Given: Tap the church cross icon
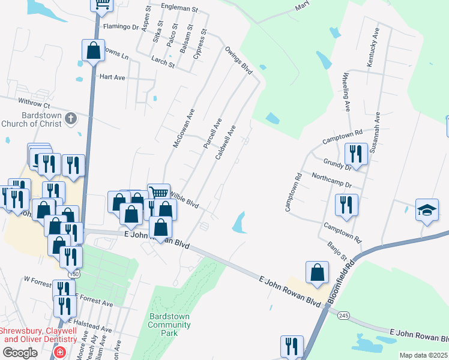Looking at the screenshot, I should tap(71, 118).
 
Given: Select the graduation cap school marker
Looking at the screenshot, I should tap(427, 211).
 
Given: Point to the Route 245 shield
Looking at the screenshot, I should tap(343, 316).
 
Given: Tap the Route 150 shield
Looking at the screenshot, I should tap(75, 273).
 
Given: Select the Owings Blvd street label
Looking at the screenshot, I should tap(238, 60).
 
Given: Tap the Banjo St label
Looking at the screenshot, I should tap(337, 251).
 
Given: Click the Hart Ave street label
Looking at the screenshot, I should tap(112, 77).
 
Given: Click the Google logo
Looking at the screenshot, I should tap(19, 353).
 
